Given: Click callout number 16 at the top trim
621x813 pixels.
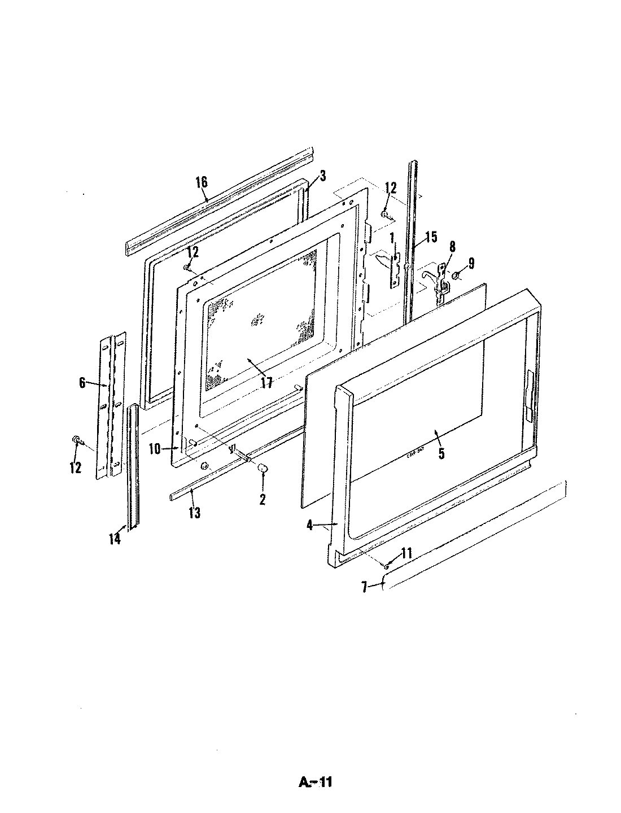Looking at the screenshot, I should coord(202,182).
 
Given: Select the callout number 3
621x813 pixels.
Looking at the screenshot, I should coord(322,176).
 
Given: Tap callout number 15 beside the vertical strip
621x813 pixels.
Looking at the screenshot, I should coord(431,221).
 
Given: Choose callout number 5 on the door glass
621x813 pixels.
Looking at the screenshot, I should coord(441,453).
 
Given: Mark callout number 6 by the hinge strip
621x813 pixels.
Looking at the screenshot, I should coord(82,383).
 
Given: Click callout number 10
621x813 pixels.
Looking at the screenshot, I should coord(155,449).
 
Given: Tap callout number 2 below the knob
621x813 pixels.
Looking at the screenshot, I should coord(263,499).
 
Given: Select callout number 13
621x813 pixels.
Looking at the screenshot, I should coord(195,513).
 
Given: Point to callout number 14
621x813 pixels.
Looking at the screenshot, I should coord(115,539).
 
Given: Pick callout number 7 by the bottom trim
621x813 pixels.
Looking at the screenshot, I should coord(365,588).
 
